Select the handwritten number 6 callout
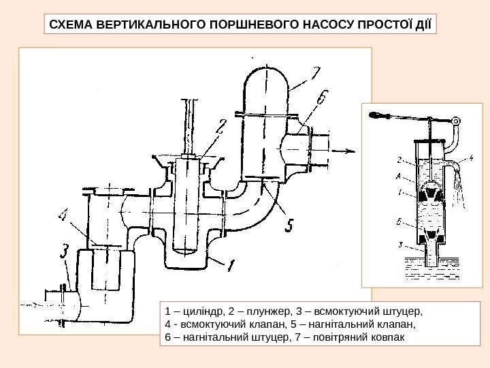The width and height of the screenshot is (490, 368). (319, 100)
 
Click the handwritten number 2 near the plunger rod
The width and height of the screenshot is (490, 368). (220, 126)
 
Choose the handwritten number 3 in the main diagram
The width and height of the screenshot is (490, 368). (64, 253)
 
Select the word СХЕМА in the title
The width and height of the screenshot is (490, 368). (69, 26)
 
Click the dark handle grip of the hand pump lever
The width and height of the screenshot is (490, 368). (378, 114)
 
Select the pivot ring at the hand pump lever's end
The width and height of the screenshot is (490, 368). (456, 121)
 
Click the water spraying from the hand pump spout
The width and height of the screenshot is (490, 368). (461, 187)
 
